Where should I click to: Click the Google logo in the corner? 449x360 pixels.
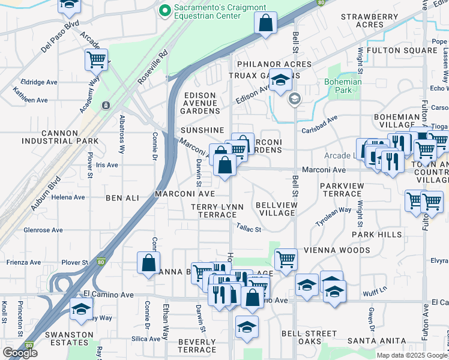(20, 353)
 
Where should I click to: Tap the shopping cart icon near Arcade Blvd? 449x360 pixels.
(96, 59)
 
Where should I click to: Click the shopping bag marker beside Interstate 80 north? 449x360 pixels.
(265, 23)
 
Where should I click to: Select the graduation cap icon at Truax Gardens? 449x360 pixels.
(280, 80)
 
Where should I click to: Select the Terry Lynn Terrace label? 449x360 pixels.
(217, 211)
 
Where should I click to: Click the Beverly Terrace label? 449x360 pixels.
(197, 345)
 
